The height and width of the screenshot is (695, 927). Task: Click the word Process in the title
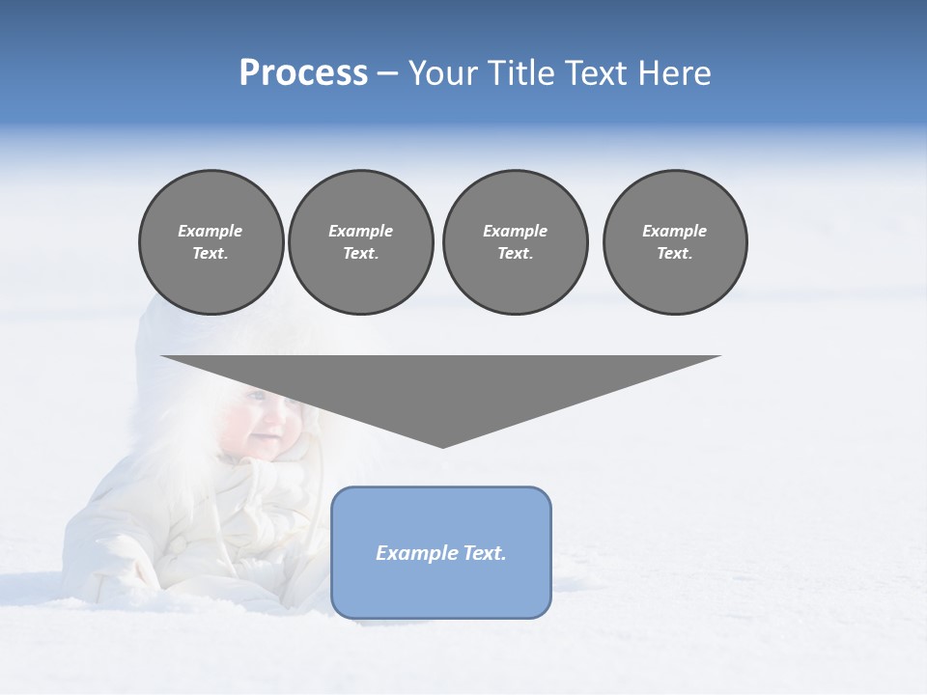303,73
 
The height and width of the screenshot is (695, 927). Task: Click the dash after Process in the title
388,75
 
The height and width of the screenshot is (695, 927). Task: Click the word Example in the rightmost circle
674,231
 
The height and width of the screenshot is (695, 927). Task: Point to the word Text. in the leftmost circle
211,253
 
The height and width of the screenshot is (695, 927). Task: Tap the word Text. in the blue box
484,553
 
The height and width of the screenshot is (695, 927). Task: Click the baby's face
267,425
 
